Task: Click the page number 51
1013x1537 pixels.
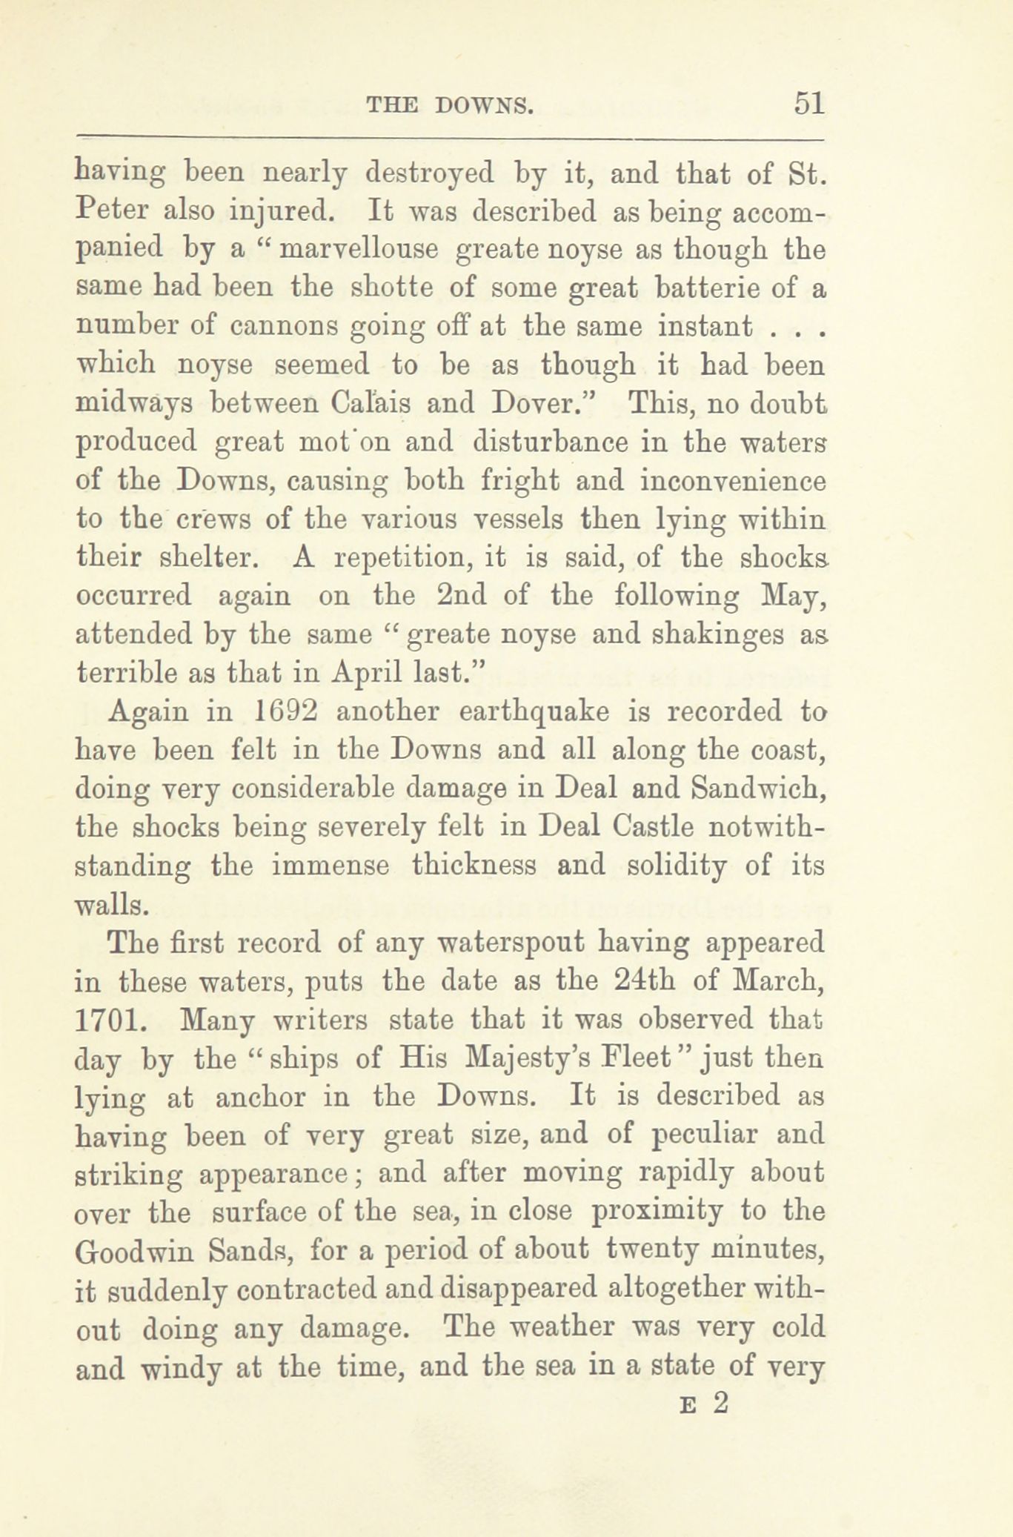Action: click(808, 102)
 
